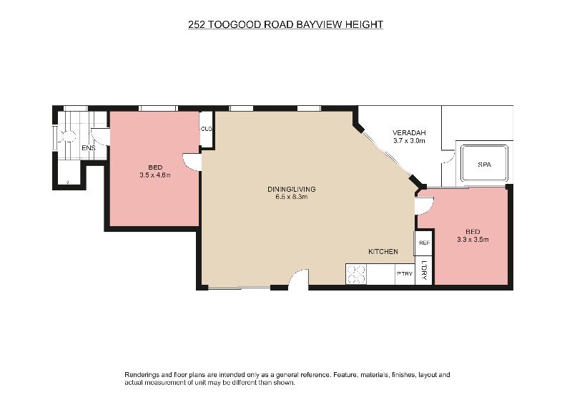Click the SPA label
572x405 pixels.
485,165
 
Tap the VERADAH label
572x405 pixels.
409,133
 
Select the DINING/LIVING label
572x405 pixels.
292,189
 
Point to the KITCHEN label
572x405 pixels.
383,252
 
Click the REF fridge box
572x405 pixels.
423,243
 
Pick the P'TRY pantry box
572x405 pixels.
405,274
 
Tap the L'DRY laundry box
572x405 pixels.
424,270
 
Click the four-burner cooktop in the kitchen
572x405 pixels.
356,274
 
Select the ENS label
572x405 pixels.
88,148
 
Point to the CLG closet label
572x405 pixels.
206,129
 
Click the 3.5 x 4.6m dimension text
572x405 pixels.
155,175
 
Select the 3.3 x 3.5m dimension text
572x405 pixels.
473,240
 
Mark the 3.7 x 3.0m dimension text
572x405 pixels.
409,141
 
